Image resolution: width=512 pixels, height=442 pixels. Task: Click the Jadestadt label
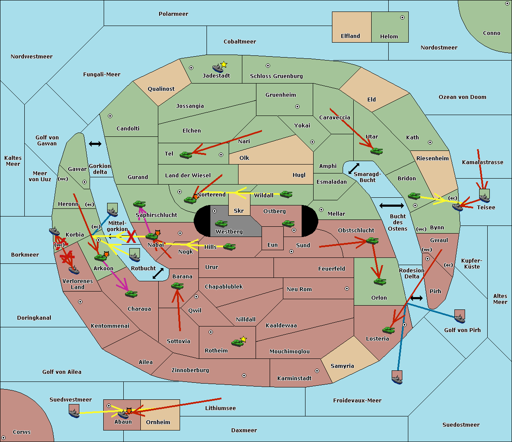click(216, 76)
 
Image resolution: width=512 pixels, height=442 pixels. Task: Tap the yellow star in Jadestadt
click(224, 64)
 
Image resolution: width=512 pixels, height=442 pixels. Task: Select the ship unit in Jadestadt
click(218, 68)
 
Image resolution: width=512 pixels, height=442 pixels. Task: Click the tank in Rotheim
click(237, 342)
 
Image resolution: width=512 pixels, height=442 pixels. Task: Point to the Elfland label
click(350, 36)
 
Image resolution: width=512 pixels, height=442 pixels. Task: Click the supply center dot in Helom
click(402, 17)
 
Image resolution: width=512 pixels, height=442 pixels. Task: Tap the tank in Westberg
click(221, 223)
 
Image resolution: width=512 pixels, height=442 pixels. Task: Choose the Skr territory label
click(239, 211)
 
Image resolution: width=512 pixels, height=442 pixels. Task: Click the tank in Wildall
click(286, 194)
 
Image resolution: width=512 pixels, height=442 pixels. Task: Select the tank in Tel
click(186, 155)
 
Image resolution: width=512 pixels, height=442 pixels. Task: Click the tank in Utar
click(376, 151)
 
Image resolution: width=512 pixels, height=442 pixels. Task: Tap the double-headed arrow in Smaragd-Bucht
click(354, 168)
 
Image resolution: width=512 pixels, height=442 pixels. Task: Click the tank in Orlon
click(379, 281)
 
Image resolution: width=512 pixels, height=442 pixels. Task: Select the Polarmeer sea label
click(173, 14)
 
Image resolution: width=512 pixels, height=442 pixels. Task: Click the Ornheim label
click(158, 422)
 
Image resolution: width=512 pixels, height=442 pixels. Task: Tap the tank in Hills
click(230, 246)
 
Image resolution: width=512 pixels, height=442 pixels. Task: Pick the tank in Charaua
click(131, 294)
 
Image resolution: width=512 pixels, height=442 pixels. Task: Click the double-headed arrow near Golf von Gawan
click(95, 144)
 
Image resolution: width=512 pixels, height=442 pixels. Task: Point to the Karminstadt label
click(294, 378)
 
